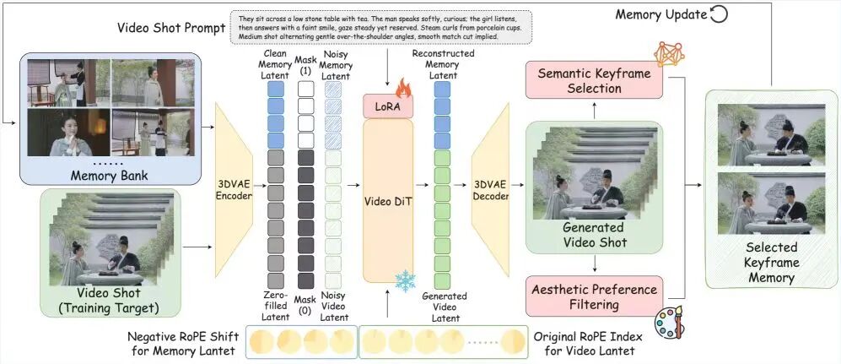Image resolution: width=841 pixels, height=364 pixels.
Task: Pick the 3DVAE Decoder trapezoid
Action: pos(490,190)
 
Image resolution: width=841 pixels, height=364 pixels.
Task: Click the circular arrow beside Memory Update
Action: pos(719,15)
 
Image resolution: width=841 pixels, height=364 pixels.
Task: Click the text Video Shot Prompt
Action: pos(171,27)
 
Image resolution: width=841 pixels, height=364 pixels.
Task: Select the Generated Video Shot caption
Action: pos(592,236)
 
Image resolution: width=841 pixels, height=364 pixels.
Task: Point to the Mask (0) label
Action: pos(306,297)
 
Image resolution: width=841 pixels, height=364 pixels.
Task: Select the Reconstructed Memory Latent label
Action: pos(443,63)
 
